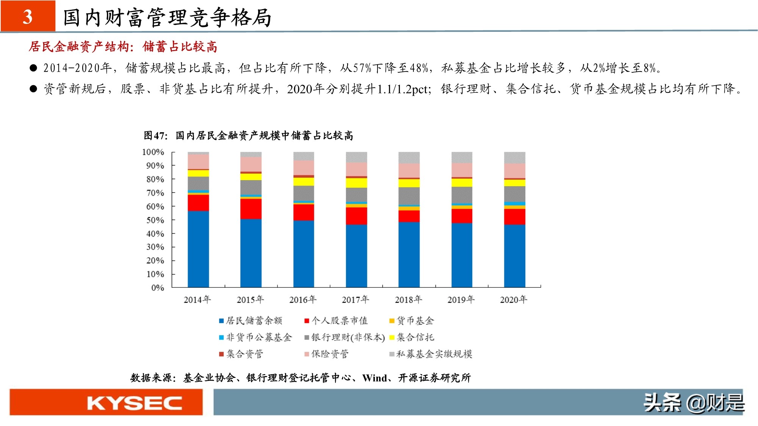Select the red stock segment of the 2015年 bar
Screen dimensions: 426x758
tap(251, 209)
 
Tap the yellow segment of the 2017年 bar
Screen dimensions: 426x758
tap(356, 183)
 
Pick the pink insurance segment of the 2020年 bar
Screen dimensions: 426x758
tap(514, 170)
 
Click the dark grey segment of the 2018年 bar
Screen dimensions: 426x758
tap(409, 196)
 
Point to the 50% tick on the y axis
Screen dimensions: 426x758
tap(155, 220)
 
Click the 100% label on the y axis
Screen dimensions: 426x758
tap(153, 152)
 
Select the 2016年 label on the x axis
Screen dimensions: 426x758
tap(302, 300)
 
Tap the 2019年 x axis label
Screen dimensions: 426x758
tap(461, 300)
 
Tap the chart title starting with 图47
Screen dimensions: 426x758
tap(248, 136)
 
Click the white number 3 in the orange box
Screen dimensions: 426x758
tap(28, 17)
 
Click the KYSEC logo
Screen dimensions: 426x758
tap(134, 403)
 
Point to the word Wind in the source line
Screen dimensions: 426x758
tap(374, 378)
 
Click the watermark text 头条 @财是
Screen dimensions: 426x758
tap(694, 403)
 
